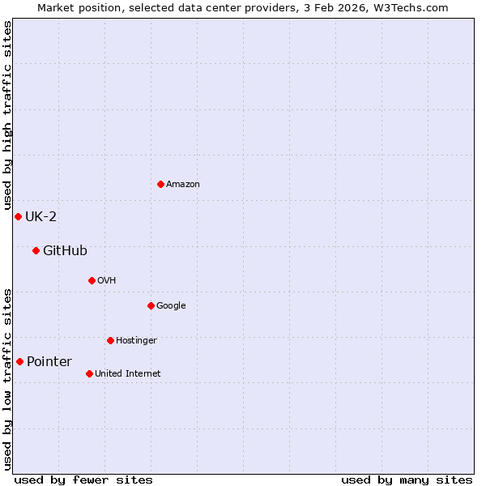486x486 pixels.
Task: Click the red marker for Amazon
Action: (160, 184)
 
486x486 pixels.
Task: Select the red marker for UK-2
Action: (18, 216)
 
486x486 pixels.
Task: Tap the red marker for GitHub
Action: (36, 250)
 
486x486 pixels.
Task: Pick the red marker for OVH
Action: (92, 280)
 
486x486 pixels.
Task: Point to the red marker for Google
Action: (151, 305)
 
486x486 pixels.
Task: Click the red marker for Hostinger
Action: (110, 340)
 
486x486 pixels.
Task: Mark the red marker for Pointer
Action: (19, 361)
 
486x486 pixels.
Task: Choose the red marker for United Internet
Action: (89, 373)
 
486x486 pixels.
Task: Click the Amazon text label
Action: (183, 185)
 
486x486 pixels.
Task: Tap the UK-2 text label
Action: (40, 216)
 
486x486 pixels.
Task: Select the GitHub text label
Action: (65, 250)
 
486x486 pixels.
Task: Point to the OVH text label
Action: (106, 280)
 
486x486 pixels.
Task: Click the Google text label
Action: (171, 305)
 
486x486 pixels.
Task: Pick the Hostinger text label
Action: (136, 340)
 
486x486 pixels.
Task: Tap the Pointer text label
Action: (49, 361)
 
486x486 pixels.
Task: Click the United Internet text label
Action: (127, 373)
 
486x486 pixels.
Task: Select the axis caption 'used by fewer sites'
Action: (83, 480)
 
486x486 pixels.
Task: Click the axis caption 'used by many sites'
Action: (407, 480)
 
